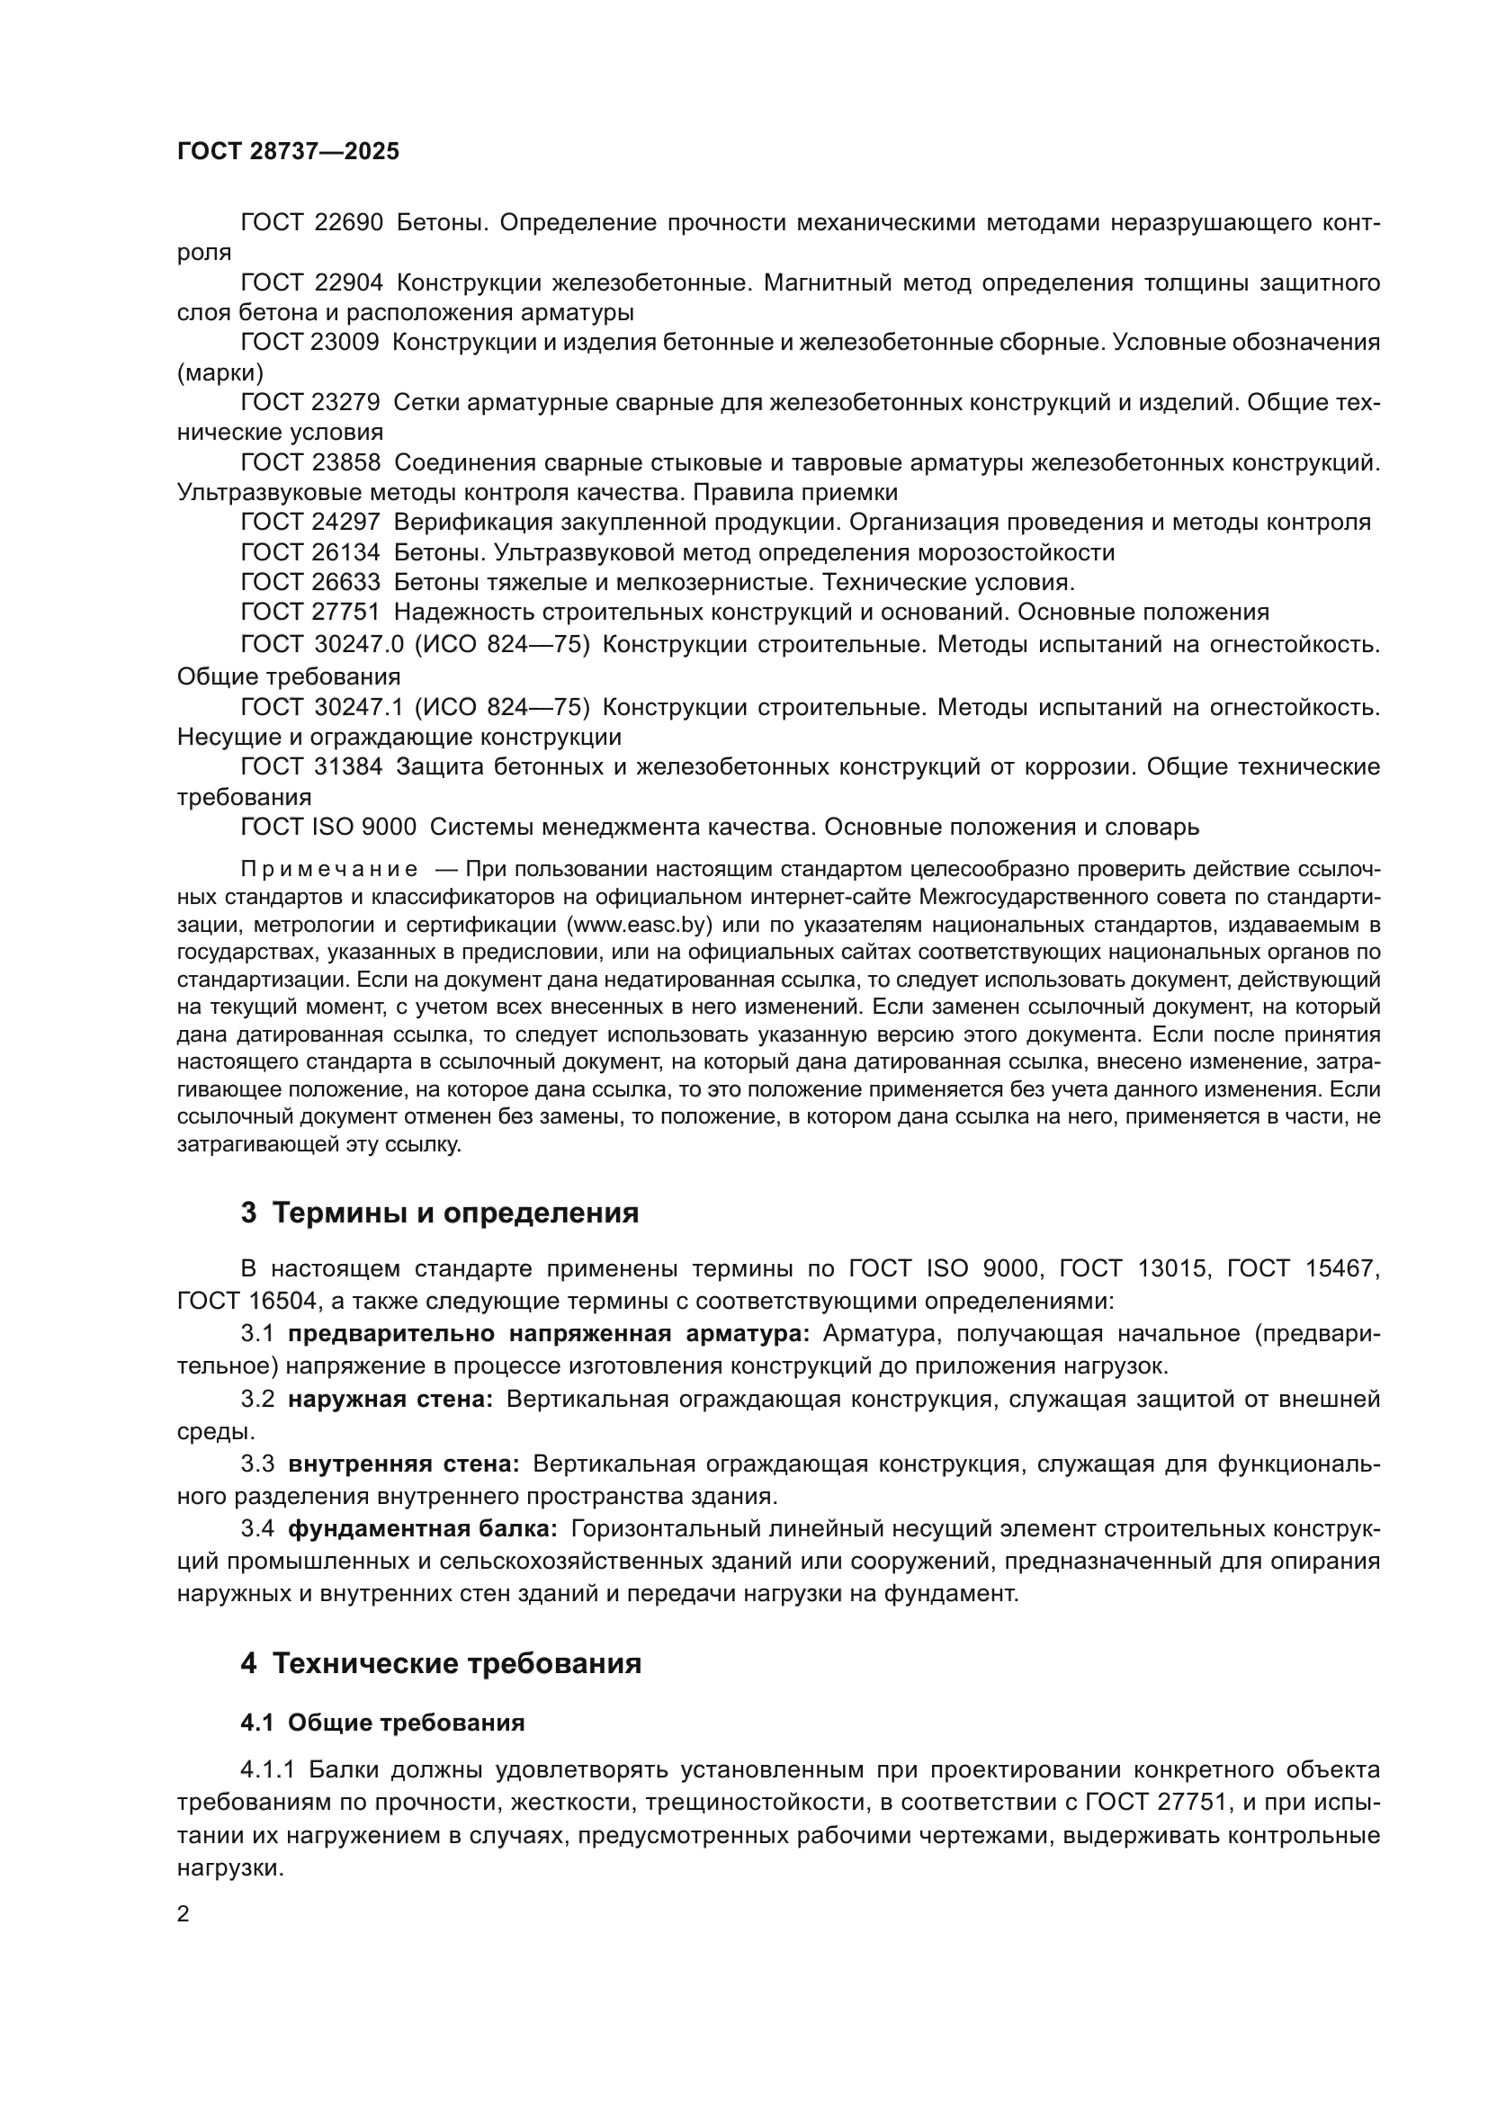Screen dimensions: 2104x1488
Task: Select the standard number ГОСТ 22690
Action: click(311, 223)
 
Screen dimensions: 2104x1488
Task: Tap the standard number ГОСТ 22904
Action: click(311, 283)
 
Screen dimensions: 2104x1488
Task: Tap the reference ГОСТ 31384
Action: click(311, 767)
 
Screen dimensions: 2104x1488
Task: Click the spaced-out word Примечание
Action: click(329, 870)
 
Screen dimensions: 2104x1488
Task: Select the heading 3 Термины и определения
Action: click(440, 1213)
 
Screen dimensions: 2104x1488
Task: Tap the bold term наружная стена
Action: click(391, 1400)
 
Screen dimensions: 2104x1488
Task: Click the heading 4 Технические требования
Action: click(441, 1663)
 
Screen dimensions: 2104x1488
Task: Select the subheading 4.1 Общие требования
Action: click(383, 1723)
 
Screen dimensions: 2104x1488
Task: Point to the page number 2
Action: click(184, 1914)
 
